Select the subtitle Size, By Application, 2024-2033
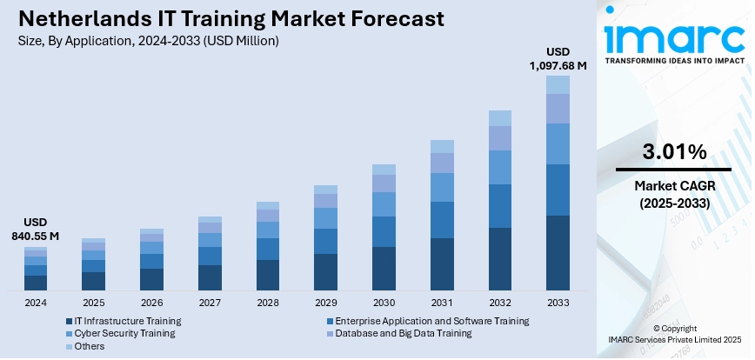coord(148,40)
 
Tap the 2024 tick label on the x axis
coord(36,303)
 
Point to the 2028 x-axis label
coord(267,303)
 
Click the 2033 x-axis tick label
coord(558,303)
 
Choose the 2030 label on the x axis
coord(384,303)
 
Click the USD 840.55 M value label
coord(36,229)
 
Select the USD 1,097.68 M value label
coord(558,57)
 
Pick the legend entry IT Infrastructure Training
coord(127,321)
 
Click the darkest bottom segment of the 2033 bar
coord(558,252)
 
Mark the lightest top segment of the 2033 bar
coord(558,84)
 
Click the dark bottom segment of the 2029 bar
coord(325,271)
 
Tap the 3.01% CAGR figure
coord(674,152)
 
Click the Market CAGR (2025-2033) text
coord(674,194)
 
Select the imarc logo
coord(674,40)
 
